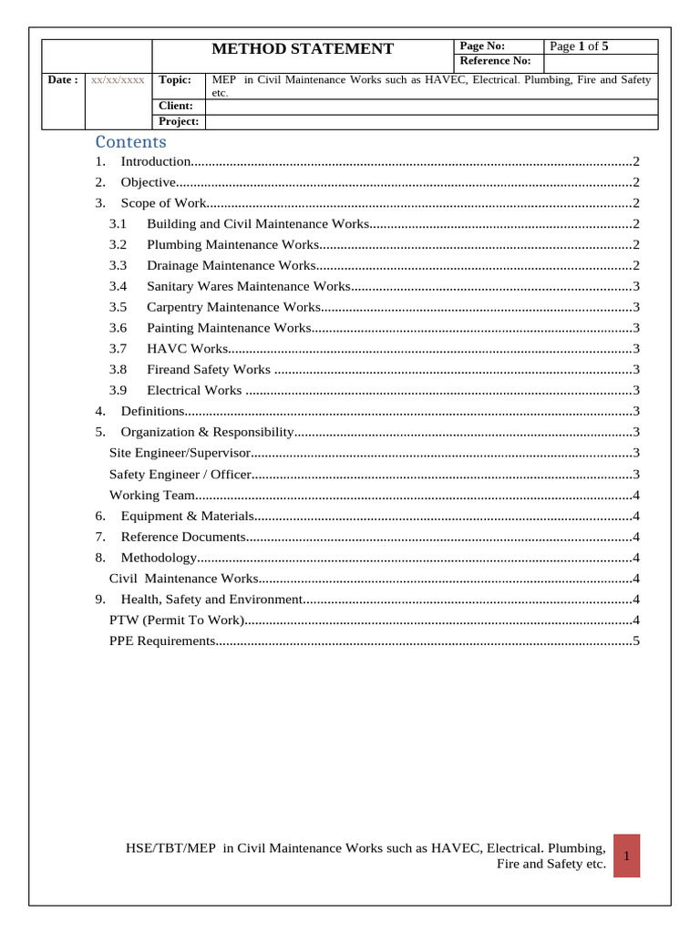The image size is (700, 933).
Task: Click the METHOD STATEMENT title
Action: [303, 49]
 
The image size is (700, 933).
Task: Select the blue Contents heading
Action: [131, 142]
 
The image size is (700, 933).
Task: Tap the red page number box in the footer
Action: [627, 856]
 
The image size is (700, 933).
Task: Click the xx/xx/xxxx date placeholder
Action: [118, 80]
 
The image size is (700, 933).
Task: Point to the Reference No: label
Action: [495, 61]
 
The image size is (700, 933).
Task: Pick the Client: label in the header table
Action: [176, 106]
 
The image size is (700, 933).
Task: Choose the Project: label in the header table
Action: [179, 121]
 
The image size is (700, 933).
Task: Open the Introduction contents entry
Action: [156, 161]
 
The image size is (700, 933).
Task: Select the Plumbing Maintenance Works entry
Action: [232, 244]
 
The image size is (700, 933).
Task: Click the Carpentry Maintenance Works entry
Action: [233, 307]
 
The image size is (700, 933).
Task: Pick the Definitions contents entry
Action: [153, 411]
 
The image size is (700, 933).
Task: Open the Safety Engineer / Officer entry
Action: [180, 474]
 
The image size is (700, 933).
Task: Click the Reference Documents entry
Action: [183, 537]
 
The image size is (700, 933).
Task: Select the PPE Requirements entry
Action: [161, 641]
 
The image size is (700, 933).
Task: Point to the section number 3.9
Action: [118, 390]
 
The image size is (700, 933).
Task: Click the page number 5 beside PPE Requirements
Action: [636, 641]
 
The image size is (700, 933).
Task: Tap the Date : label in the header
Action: [63, 80]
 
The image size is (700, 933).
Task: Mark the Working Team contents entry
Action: [152, 495]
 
